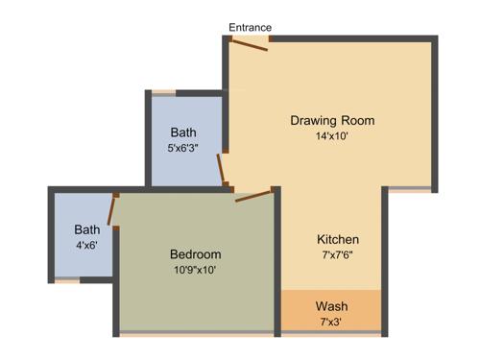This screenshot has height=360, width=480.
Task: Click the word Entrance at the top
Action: click(x=250, y=27)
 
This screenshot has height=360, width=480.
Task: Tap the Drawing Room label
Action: click(x=332, y=121)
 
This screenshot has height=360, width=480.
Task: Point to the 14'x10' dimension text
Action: click(x=332, y=136)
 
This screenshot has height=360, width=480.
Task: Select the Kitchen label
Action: click(x=338, y=239)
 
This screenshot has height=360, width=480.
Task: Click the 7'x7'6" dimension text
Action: click(x=338, y=254)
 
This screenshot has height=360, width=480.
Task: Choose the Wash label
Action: click(x=331, y=306)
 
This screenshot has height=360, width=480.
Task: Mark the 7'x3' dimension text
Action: click(x=331, y=322)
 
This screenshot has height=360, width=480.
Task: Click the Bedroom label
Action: click(x=195, y=254)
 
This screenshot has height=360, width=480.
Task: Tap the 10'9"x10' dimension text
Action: click(x=195, y=270)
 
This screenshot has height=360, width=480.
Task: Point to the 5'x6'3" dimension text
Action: click(x=184, y=148)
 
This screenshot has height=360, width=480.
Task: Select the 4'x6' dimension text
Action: click(x=86, y=245)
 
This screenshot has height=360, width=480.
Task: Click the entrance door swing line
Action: click(x=248, y=45)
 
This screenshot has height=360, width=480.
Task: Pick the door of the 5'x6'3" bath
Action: click(x=224, y=171)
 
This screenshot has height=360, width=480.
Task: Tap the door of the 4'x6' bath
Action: click(x=113, y=209)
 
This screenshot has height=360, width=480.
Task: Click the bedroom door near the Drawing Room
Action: click(x=253, y=197)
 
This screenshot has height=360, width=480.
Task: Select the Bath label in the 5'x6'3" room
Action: click(x=184, y=132)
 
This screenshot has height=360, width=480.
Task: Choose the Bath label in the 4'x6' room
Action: click(x=87, y=229)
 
